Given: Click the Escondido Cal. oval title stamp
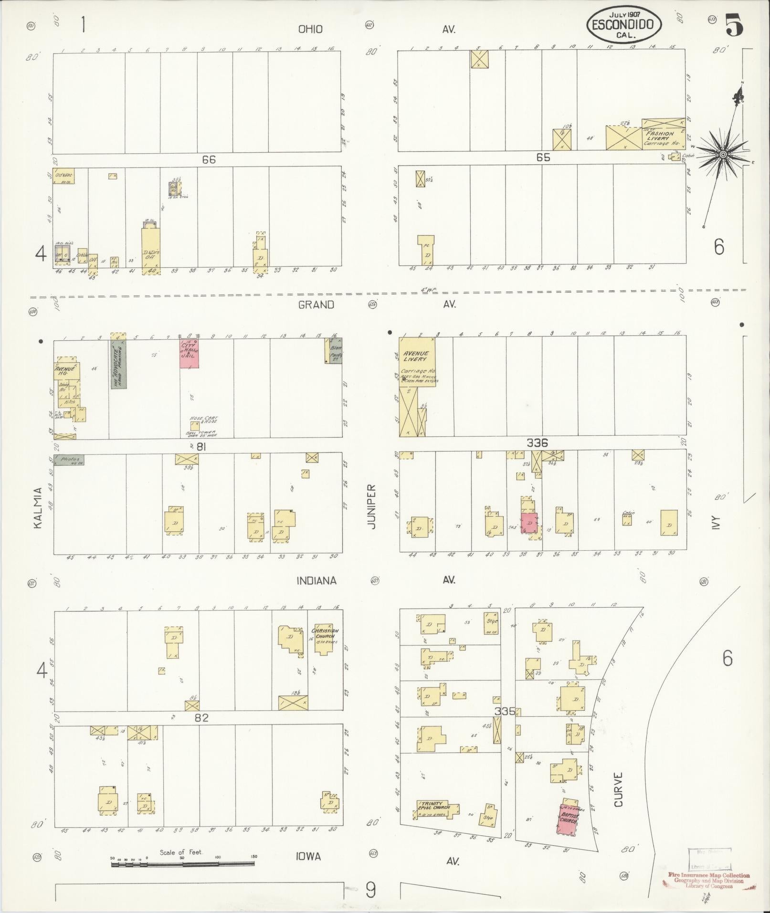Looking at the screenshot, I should point(624,24).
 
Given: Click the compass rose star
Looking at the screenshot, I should point(723,154).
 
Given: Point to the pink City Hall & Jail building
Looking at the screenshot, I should point(190,353).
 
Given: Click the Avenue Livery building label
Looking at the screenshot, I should point(415,356).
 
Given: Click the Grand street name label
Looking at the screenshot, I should point(316,304).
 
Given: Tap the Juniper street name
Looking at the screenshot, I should point(372,507).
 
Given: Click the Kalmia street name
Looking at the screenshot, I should point(38,507).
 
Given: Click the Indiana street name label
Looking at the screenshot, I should point(316,580).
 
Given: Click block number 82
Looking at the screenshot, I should point(202,717).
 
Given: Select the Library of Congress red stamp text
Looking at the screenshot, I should point(709,880).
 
